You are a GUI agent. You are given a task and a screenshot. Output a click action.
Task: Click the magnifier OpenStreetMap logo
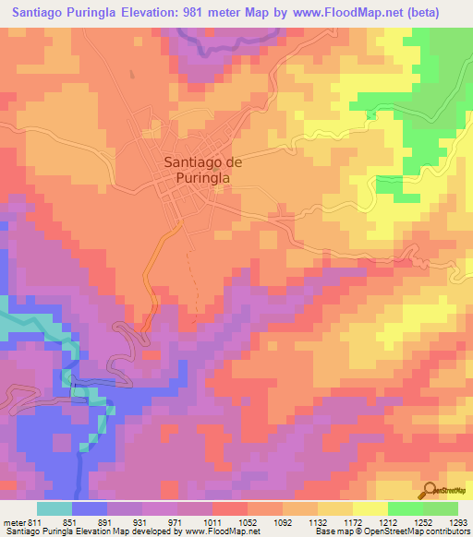click(x=430, y=491)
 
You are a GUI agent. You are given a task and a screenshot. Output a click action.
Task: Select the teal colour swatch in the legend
click(x=54, y=508)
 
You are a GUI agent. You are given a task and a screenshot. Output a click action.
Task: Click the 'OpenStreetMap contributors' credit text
click(x=421, y=531)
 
